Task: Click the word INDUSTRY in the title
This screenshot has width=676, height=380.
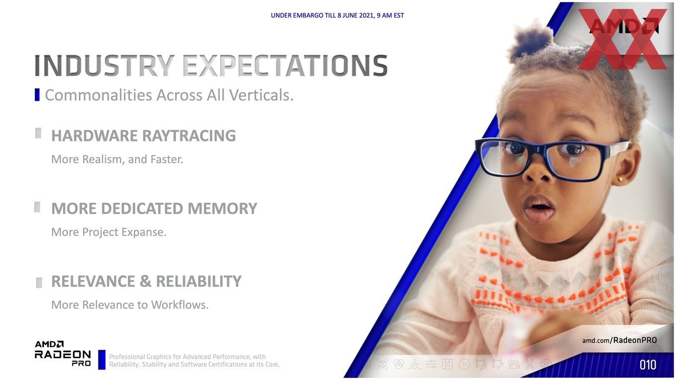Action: [x=104, y=66]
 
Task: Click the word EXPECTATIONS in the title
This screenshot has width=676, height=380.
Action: [x=285, y=66]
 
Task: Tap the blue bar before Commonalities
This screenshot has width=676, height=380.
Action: [x=37, y=95]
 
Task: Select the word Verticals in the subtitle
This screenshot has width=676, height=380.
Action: [x=261, y=95]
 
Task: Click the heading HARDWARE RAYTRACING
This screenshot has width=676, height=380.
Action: [x=144, y=136]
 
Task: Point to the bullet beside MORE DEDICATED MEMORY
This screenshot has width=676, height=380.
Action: [x=37, y=207]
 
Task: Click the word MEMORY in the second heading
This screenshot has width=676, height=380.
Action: [x=222, y=209]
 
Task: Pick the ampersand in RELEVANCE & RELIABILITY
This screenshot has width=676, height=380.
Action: [x=145, y=281]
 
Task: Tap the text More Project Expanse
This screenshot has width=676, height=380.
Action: [x=109, y=232]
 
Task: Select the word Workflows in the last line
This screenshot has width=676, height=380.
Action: [x=180, y=305]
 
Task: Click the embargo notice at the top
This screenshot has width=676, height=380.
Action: [x=337, y=15]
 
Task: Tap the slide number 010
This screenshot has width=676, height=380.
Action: [x=648, y=365]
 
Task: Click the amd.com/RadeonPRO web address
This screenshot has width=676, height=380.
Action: [x=619, y=340]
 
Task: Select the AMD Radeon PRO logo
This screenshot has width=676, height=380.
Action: [x=63, y=354]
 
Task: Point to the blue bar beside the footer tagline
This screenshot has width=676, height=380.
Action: [x=102, y=360]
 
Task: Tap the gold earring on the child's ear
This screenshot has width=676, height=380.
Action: [x=620, y=180]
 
